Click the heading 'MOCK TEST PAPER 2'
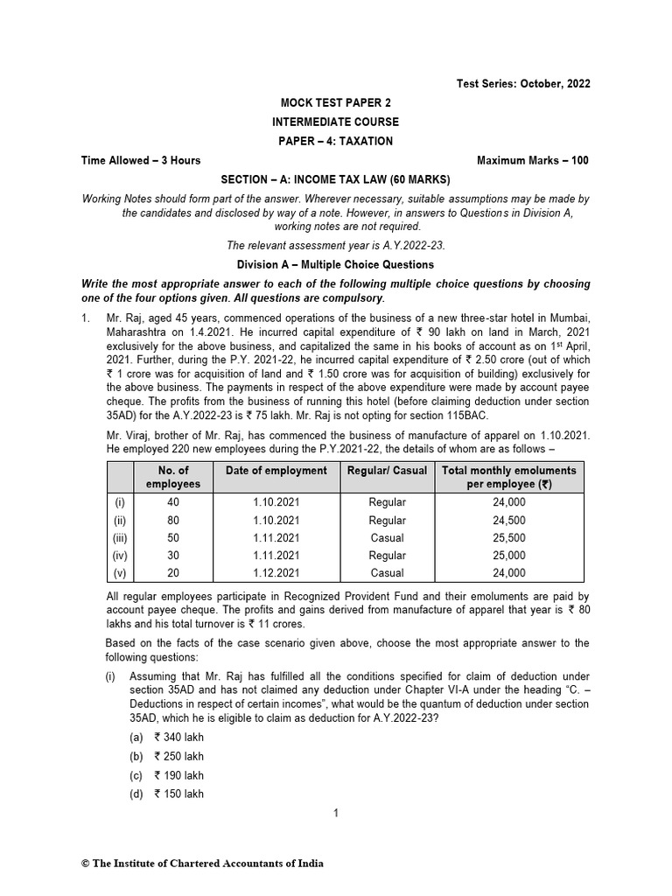335,102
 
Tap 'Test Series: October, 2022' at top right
523,84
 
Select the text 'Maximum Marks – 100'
533,160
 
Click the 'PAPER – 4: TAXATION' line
335,141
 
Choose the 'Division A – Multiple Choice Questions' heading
335,264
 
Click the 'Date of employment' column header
276,471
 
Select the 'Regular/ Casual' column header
388,471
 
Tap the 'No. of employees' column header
172,477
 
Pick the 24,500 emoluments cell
509,521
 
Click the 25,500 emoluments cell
509,538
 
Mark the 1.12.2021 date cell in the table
276,573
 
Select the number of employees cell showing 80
172,521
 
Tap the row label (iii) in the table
120,538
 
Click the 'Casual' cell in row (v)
388,573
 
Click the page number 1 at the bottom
335,813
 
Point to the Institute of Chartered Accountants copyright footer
202,864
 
